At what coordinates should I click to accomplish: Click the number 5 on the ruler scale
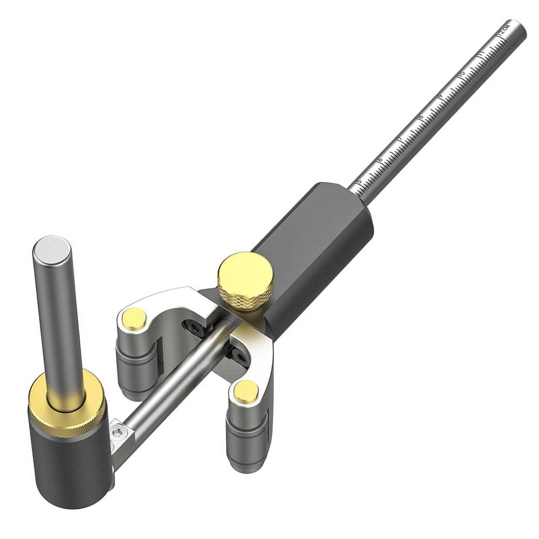click(x=359, y=182)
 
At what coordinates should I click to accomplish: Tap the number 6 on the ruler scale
click(x=380, y=160)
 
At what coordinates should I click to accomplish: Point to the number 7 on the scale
click(x=400, y=138)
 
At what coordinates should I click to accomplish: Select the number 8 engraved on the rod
click(x=420, y=117)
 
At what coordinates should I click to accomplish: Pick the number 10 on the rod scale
click(x=462, y=73)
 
